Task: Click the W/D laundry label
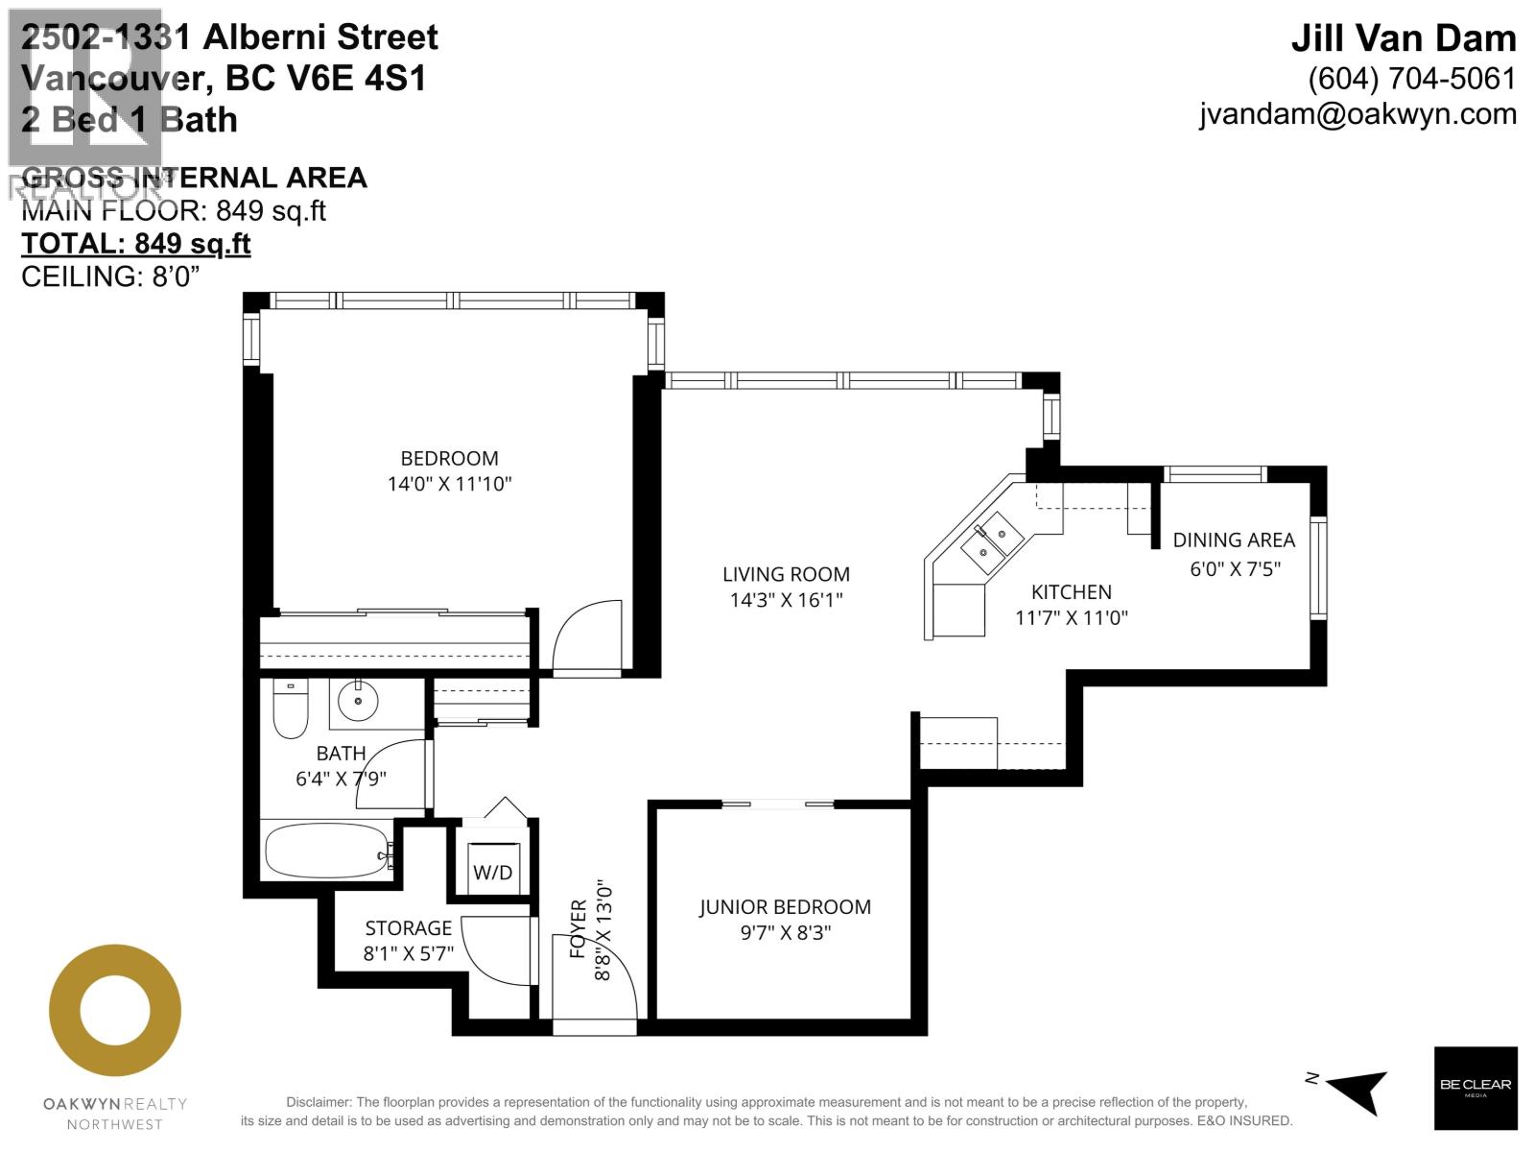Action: (493, 873)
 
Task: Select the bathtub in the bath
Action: (326, 851)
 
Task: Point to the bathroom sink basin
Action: (359, 702)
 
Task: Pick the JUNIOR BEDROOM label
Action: (785, 907)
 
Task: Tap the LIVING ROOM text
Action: (786, 574)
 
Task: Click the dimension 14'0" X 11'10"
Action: (449, 484)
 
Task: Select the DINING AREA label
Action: (1234, 540)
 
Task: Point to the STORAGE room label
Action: (408, 928)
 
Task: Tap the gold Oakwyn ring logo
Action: (115, 1010)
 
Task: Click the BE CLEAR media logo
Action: (1475, 1088)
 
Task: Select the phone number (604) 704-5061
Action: (1411, 79)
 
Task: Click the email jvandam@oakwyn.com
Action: (1358, 114)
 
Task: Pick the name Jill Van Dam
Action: (1403, 38)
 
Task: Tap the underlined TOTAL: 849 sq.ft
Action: (136, 244)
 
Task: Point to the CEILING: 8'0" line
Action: (110, 276)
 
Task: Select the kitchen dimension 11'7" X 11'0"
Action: (1072, 617)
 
